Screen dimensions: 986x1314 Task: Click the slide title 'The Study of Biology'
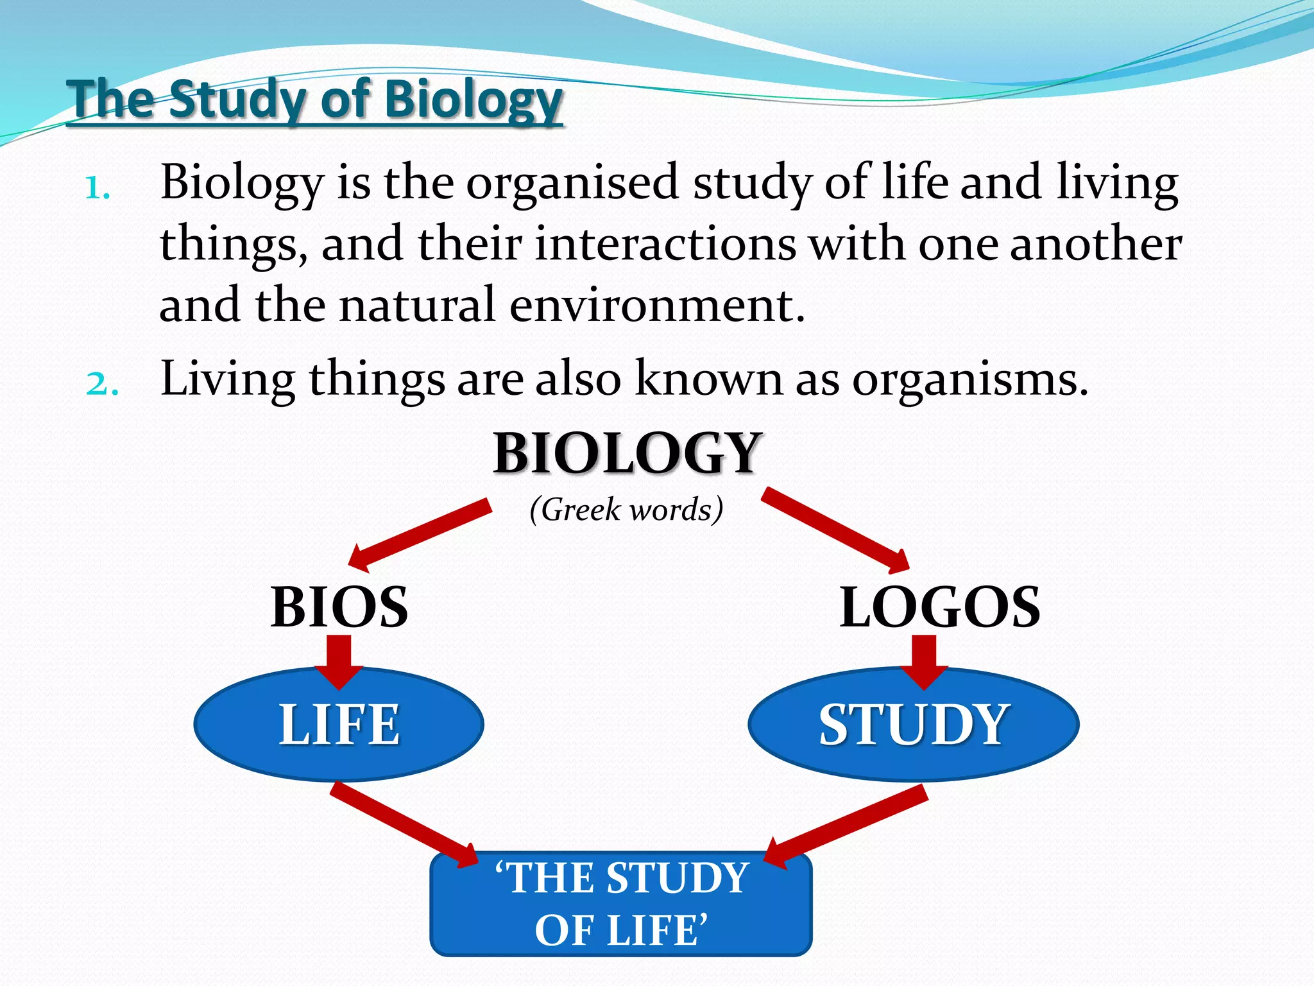314,99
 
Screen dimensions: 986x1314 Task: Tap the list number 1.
97,189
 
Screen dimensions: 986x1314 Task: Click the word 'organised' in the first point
572,183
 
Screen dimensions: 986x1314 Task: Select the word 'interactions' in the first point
665,245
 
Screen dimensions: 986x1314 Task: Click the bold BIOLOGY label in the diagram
627,453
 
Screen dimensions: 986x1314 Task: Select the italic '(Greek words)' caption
626,510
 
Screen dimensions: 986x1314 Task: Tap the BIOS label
339,607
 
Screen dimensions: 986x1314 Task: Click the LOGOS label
939,607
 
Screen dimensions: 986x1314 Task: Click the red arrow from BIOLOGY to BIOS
420,533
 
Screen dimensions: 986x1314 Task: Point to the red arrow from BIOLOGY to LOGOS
834,529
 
